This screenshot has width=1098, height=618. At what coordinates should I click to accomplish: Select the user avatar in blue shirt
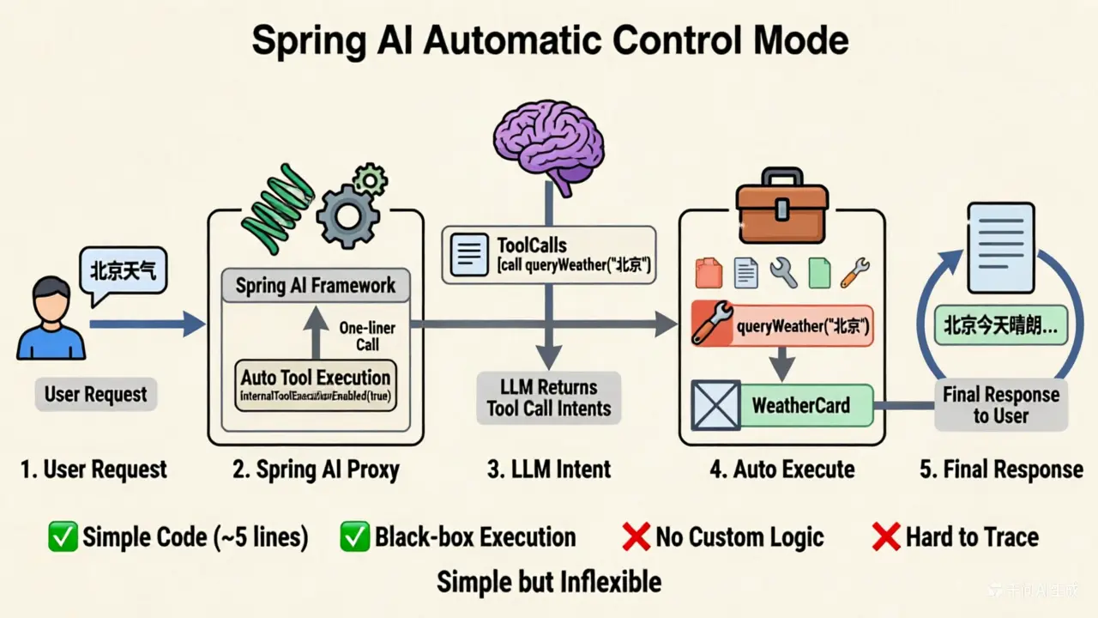[51, 318]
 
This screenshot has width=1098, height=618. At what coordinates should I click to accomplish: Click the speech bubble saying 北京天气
[124, 272]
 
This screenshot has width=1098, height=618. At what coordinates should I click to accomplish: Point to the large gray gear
[347, 215]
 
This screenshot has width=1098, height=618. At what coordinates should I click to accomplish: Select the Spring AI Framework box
[315, 285]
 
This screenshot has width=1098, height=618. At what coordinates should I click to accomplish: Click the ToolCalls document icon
[468, 254]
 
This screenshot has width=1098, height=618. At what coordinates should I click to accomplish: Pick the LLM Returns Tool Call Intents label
[548, 397]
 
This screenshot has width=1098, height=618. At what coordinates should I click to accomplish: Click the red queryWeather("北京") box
[781, 326]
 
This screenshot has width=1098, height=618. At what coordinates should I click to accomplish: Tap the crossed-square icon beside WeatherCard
[715, 405]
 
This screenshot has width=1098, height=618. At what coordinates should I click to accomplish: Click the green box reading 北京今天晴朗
[1000, 326]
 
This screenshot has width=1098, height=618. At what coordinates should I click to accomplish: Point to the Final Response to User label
[1000, 405]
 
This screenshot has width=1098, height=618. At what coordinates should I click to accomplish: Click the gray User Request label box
[95, 395]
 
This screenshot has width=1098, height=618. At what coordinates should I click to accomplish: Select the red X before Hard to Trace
[885, 537]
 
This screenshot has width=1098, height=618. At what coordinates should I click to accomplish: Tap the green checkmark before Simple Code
[63, 537]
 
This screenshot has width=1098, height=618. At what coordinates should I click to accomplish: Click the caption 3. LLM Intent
[549, 470]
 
